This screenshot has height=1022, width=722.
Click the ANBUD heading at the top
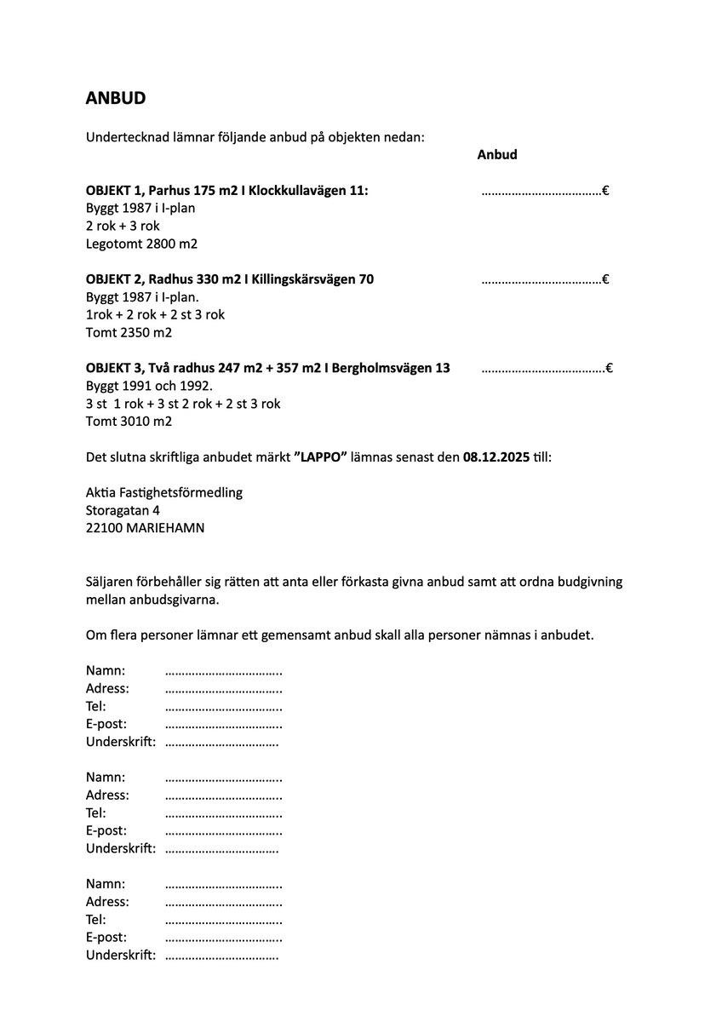pos(116,98)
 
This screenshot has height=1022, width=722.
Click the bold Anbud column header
pos(497,155)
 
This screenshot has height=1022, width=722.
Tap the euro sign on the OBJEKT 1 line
pos(605,191)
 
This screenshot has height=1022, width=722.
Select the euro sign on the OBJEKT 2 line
pos(605,279)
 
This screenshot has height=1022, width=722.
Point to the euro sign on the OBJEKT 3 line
pos(610,369)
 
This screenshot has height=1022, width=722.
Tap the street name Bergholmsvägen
pos(382,369)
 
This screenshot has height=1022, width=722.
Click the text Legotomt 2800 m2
pos(141,244)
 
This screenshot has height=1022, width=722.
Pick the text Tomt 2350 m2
pos(129,333)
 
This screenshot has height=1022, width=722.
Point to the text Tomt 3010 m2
pos(129,422)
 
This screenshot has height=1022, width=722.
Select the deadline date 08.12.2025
pos(496,457)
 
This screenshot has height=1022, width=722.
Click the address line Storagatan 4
pos(123,510)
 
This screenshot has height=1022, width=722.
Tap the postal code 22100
pos(104,528)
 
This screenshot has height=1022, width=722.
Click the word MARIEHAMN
pos(165,528)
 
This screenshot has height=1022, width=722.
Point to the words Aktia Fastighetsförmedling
pos(164,492)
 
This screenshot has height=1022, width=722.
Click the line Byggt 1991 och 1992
pos(149,386)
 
